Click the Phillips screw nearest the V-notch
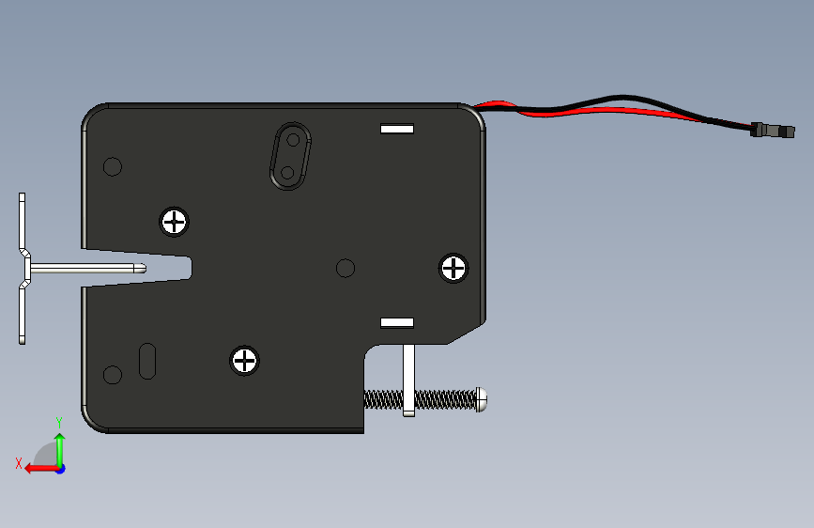[174, 222]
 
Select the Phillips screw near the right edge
[453, 268]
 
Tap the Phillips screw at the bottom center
[244, 361]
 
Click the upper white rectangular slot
[397, 129]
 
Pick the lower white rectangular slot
[397, 323]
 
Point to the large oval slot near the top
[290, 156]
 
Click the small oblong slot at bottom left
[147, 361]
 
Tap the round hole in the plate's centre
[346, 268]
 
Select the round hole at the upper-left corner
[113, 167]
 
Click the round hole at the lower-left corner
[113, 375]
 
